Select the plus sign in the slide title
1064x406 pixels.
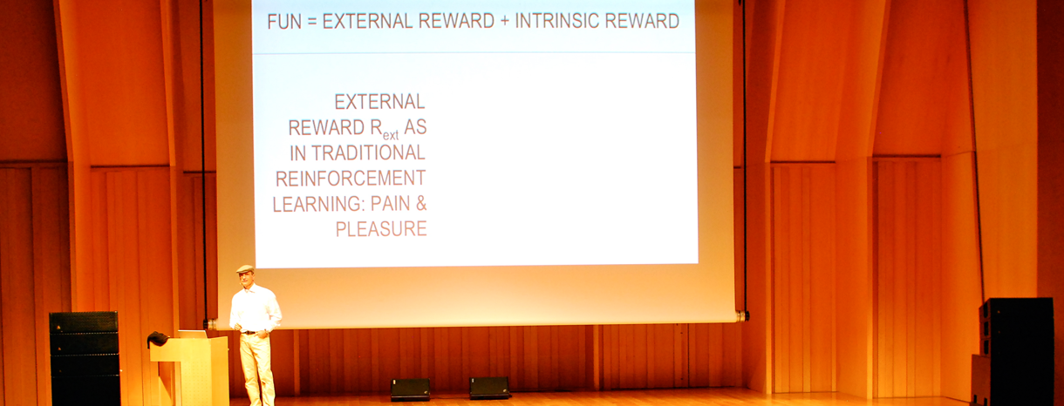504,22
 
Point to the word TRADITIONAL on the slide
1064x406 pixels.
368,152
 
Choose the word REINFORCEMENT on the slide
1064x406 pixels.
351,179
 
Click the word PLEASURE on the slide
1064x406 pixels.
381,229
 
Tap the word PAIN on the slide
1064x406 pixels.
390,204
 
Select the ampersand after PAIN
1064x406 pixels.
421,204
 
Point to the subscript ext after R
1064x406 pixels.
391,136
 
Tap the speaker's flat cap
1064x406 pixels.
245,269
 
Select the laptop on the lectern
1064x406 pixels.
193,335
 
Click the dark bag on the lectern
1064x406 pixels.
158,339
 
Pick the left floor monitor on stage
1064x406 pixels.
410,389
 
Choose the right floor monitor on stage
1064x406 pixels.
489,388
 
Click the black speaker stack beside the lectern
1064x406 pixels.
85,358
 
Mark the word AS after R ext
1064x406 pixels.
415,127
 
